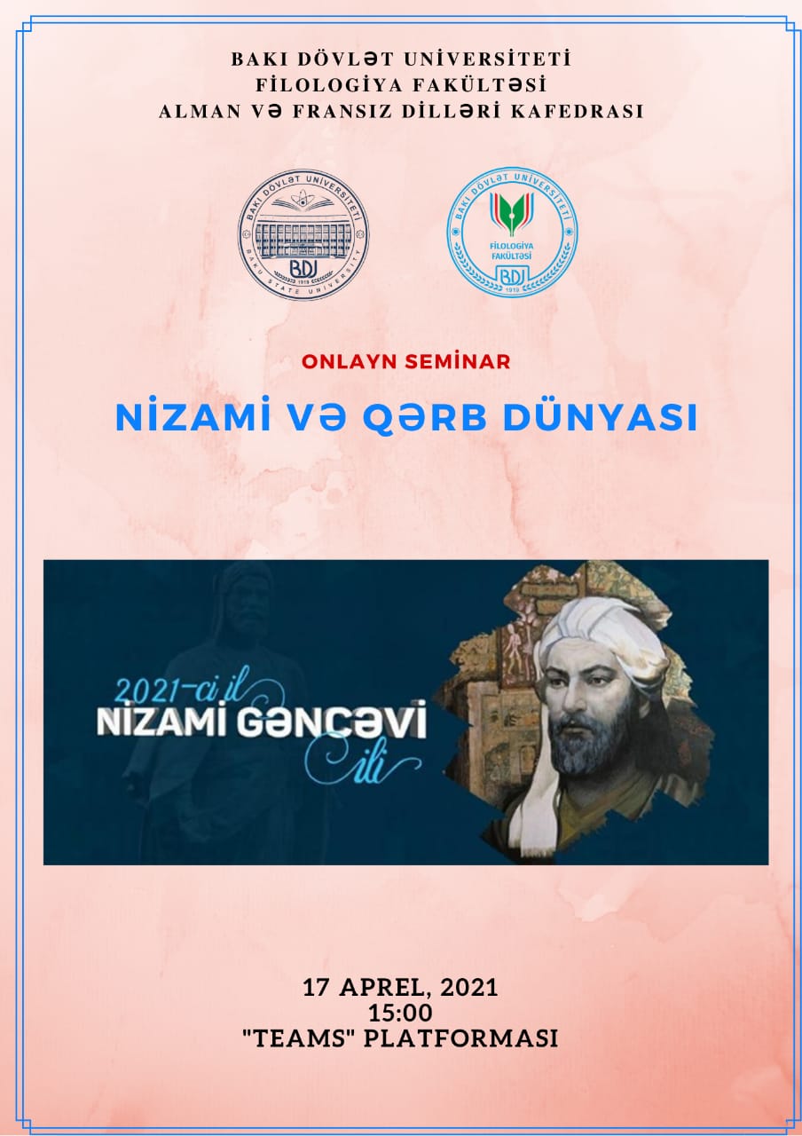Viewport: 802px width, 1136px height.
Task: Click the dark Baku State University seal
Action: (x=303, y=234)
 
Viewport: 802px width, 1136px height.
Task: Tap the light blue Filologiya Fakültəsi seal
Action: (x=512, y=233)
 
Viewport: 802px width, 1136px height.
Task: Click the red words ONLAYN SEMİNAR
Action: (x=406, y=361)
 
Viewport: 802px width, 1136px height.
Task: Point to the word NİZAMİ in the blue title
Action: (x=193, y=417)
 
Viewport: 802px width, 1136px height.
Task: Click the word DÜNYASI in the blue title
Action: (x=601, y=417)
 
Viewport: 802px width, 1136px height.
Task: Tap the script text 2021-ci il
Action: (x=185, y=689)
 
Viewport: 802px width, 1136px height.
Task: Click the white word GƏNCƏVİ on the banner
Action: (x=331, y=720)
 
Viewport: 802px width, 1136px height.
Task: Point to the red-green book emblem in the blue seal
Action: (x=512, y=213)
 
